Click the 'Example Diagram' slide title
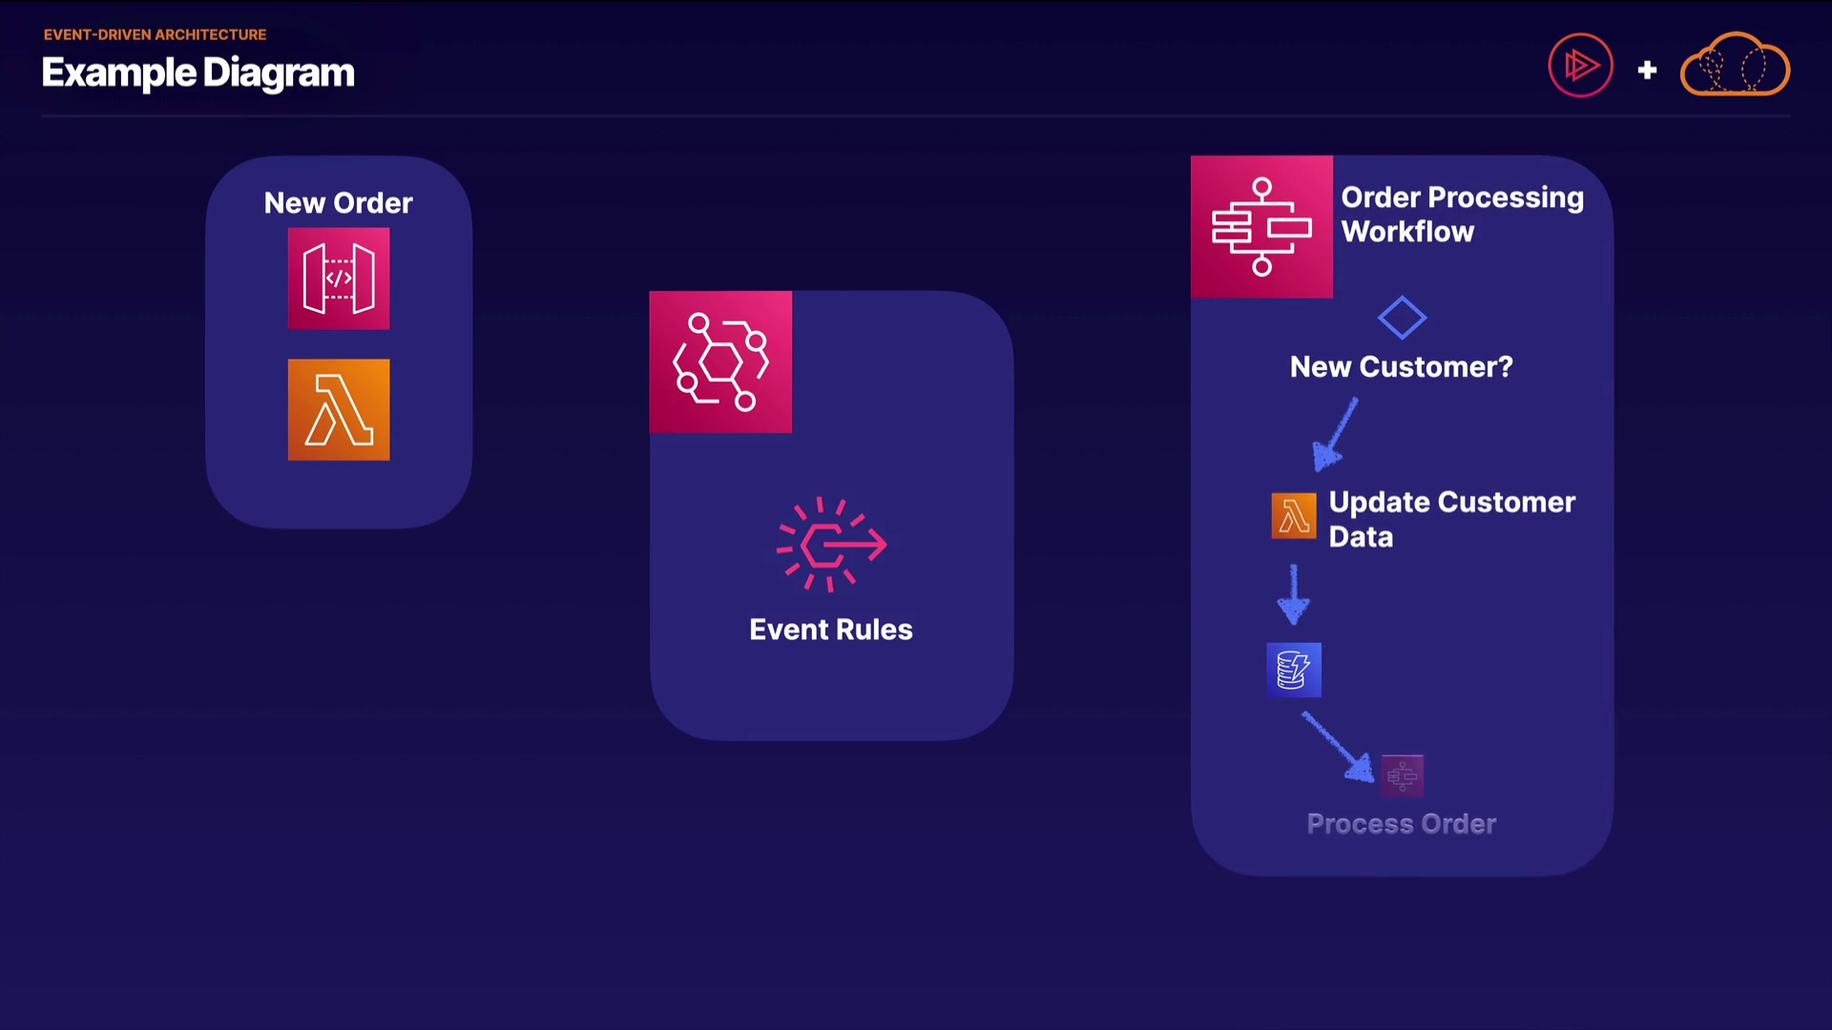tap(198, 73)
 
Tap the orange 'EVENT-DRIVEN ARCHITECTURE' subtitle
tap(155, 34)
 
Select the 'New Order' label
tap(338, 203)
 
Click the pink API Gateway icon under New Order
tap(339, 278)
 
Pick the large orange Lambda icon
tap(339, 410)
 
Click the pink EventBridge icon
tap(720, 362)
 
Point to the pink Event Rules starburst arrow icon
tap(831, 545)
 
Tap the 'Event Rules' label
tap(830, 629)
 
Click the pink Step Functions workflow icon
tap(1261, 227)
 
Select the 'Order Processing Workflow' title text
tap(1462, 215)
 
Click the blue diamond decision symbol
tap(1402, 318)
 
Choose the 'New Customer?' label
tap(1401, 367)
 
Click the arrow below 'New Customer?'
tap(1334, 435)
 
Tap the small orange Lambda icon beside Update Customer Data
tap(1294, 516)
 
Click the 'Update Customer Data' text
tap(1450, 519)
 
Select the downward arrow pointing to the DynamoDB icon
tap(1294, 594)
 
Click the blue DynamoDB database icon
tap(1294, 669)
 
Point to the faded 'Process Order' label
tap(1401, 824)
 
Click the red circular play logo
tap(1580, 66)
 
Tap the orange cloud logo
tap(1735, 65)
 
